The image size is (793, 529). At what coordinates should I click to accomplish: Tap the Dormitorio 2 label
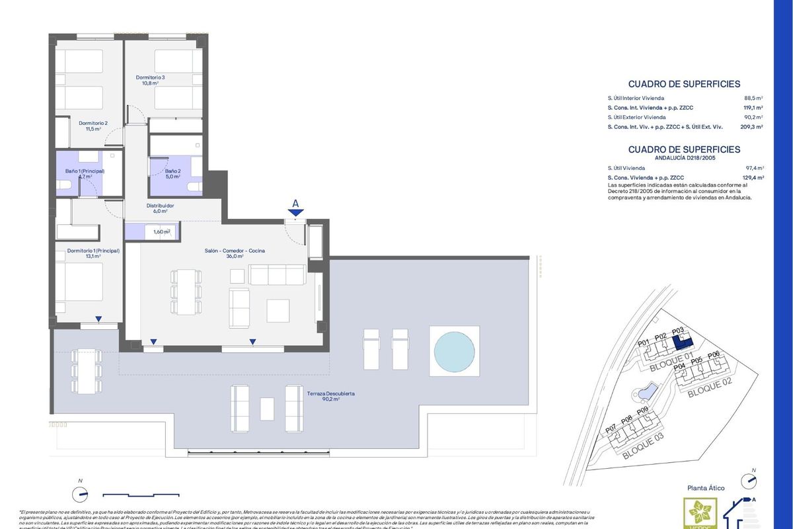93,126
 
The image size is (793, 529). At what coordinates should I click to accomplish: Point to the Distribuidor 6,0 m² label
160,208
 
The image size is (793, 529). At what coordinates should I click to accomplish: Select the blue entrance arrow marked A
295,211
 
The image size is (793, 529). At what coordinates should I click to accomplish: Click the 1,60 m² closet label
162,232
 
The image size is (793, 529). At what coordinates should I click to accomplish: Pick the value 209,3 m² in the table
751,126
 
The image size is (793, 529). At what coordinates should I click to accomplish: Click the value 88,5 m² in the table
753,98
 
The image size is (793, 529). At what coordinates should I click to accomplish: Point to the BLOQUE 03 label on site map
637,448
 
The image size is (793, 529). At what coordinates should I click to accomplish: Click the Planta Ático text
706,488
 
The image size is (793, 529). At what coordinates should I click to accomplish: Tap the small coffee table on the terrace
267,407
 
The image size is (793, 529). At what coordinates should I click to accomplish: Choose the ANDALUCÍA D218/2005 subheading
684,158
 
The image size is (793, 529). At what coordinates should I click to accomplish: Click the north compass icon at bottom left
81,493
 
